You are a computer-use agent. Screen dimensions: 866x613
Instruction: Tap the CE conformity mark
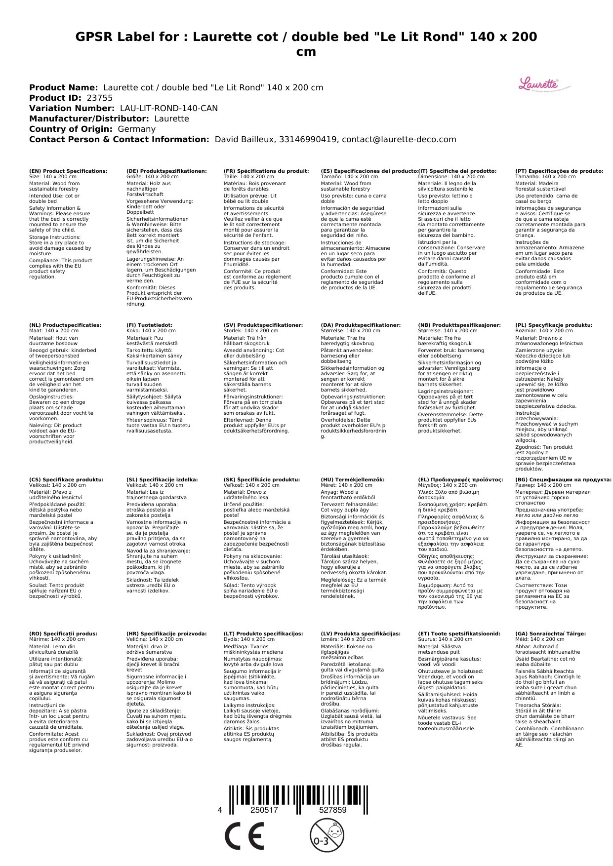244,836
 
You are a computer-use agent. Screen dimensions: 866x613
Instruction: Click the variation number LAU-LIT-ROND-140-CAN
168,108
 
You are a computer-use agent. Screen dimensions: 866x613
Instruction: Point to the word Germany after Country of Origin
136,129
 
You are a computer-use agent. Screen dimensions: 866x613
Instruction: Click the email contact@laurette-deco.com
399,139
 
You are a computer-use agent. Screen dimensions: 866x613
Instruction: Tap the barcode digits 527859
332,810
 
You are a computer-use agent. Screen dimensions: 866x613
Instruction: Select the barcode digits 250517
264,810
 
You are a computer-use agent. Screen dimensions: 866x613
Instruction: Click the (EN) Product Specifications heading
68,171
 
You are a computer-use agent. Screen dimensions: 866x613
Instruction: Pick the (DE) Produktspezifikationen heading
166,171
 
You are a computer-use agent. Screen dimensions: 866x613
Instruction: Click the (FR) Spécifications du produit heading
266,171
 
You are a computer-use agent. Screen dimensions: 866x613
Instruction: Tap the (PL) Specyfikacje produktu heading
554,325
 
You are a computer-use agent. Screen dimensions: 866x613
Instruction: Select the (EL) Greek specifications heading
460,479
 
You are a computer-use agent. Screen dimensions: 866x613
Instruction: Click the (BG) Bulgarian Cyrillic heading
563,479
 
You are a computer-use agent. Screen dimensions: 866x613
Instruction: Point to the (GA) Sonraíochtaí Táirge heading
550,633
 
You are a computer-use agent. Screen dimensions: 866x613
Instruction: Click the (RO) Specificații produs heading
63,633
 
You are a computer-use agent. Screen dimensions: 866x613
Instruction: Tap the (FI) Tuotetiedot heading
150,325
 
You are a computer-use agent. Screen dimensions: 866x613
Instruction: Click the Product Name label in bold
63,87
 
